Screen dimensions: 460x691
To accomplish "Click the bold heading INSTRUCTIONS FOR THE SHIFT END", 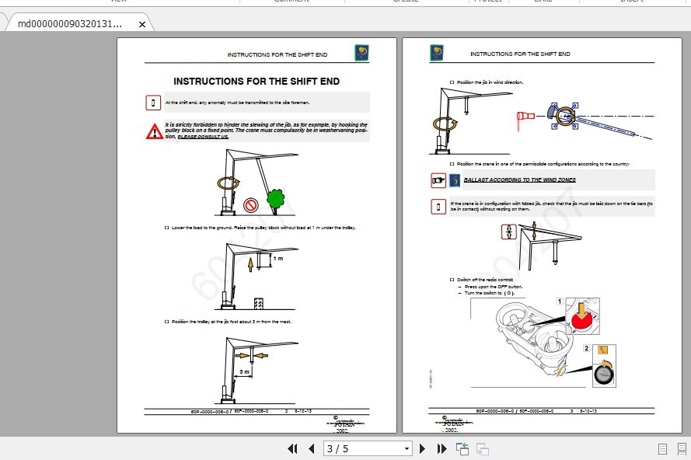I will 257,81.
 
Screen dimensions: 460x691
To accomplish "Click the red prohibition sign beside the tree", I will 251,205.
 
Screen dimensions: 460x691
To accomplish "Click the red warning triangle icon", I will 155,131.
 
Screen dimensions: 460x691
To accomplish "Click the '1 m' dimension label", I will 277,257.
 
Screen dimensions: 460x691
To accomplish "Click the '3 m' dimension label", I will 245,372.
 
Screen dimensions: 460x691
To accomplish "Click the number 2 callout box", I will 587,349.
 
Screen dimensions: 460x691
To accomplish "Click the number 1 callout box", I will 559,301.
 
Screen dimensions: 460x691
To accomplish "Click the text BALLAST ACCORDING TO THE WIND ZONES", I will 519,179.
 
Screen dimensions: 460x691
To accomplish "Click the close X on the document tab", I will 142,24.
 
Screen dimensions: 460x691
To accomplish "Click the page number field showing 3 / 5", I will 363,448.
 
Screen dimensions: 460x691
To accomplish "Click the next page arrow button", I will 422,448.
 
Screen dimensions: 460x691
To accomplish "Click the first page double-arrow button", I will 292,448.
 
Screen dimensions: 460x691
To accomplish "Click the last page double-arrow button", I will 441,448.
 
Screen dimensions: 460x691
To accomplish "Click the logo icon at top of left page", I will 361,53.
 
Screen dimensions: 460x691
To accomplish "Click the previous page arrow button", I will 311,448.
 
